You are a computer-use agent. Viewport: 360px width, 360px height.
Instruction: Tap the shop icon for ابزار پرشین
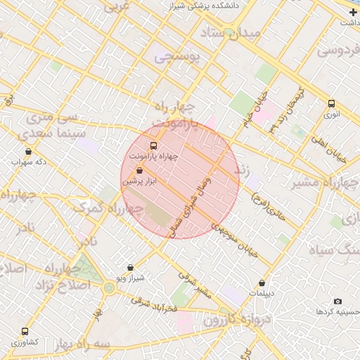(139, 171)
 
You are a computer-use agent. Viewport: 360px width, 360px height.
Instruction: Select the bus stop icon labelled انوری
(331, 103)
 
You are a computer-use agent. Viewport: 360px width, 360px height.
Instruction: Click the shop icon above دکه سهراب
(28, 151)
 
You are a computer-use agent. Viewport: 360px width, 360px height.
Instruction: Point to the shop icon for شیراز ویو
(130, 267)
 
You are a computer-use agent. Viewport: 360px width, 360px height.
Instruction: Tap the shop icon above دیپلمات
(262, 283)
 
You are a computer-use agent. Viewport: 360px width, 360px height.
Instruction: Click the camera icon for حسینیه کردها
(337, 301)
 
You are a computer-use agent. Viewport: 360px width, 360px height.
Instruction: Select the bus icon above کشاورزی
(25, 331)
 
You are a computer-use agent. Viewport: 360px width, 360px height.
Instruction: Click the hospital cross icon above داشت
(353, 12)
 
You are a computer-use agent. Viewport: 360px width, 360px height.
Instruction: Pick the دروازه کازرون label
(232, 320)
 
